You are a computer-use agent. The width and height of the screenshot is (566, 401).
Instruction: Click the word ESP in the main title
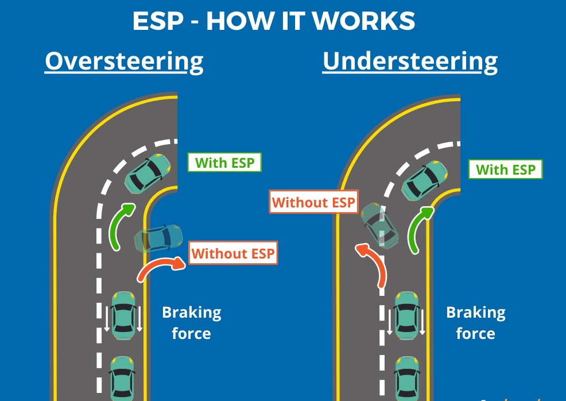158,21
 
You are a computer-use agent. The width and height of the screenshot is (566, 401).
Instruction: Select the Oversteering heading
124,62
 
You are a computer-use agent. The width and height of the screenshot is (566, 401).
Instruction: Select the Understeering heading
410,62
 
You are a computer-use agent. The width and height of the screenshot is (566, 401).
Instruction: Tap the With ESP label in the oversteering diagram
224,163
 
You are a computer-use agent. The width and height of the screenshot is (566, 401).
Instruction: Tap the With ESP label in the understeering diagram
505,169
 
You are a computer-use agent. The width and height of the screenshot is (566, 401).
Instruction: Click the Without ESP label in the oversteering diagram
233,253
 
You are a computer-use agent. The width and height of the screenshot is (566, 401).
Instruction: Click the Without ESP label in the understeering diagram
313,202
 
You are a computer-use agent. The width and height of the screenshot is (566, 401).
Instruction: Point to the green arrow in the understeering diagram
416,226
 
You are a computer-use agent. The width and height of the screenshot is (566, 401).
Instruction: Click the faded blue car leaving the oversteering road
158,238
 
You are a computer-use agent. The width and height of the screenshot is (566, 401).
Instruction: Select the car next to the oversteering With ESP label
148,173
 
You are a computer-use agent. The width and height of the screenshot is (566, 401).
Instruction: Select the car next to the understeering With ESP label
425,180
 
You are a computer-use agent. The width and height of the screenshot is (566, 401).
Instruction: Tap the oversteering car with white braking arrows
123,315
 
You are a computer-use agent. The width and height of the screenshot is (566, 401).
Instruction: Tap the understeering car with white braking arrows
407,315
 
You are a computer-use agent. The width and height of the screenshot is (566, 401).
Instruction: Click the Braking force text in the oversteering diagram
192,323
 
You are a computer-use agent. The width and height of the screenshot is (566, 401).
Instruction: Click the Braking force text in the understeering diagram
476,323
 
